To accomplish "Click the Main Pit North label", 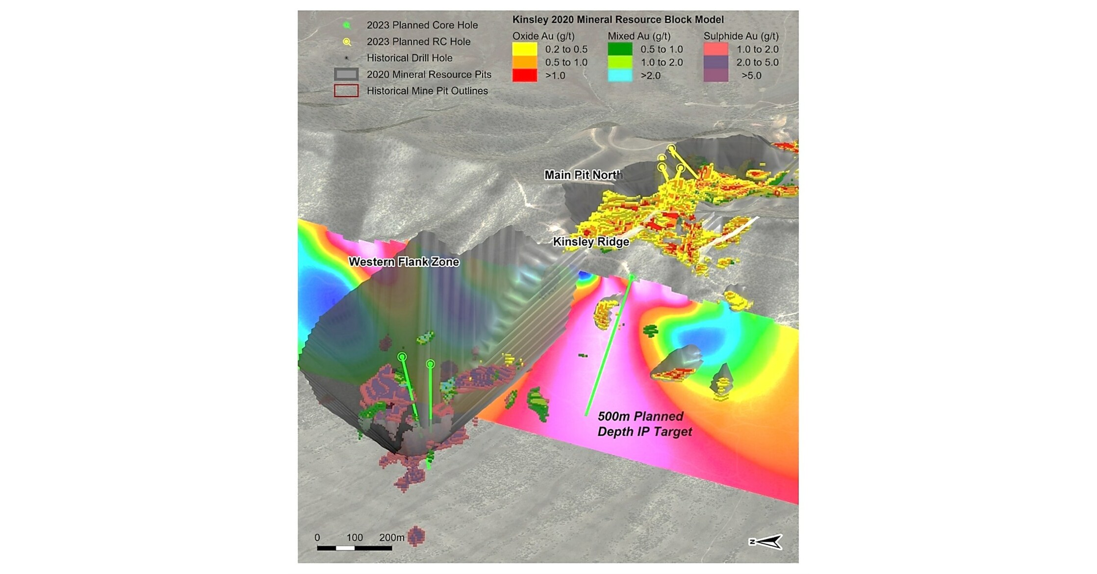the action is [x=583, y=175].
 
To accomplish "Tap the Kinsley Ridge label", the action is [x=591, y=242].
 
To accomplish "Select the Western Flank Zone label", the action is [x=404, y=262].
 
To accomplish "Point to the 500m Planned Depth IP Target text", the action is [x=644, y=424].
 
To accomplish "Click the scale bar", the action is [x=354, y=548].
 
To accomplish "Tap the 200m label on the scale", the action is [x=391, y=537].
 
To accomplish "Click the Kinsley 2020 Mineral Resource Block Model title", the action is [x=618, y=20].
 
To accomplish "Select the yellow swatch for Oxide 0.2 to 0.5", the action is [x=524, y=49].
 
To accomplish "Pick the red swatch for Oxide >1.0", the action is [x=524, y=76].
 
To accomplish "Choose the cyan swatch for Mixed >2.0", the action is [x=620, y=76].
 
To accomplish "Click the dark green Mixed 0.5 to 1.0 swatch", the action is [x=620, y=49].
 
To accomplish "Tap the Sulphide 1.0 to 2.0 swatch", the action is [x=715, y=49].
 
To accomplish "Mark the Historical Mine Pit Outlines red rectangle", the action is [x=346, y=91].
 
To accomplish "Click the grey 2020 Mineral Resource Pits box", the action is [x=346, y=75].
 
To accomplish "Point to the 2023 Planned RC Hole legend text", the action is [x=418, y=42].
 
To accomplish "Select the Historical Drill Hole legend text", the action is [x=409, y=58].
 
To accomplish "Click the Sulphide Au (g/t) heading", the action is [x=740, y=36].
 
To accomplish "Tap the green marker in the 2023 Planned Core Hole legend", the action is [x=347, y=25].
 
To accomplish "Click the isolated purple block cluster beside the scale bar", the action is [x=416, y=536].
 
